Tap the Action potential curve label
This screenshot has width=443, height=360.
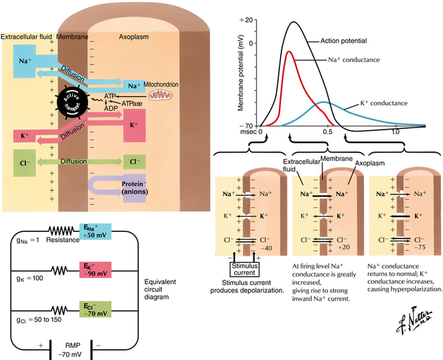pyautogui.click(x=344, y=41)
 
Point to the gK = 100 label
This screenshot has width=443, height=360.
pyautogui.click(x=30, y=279)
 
